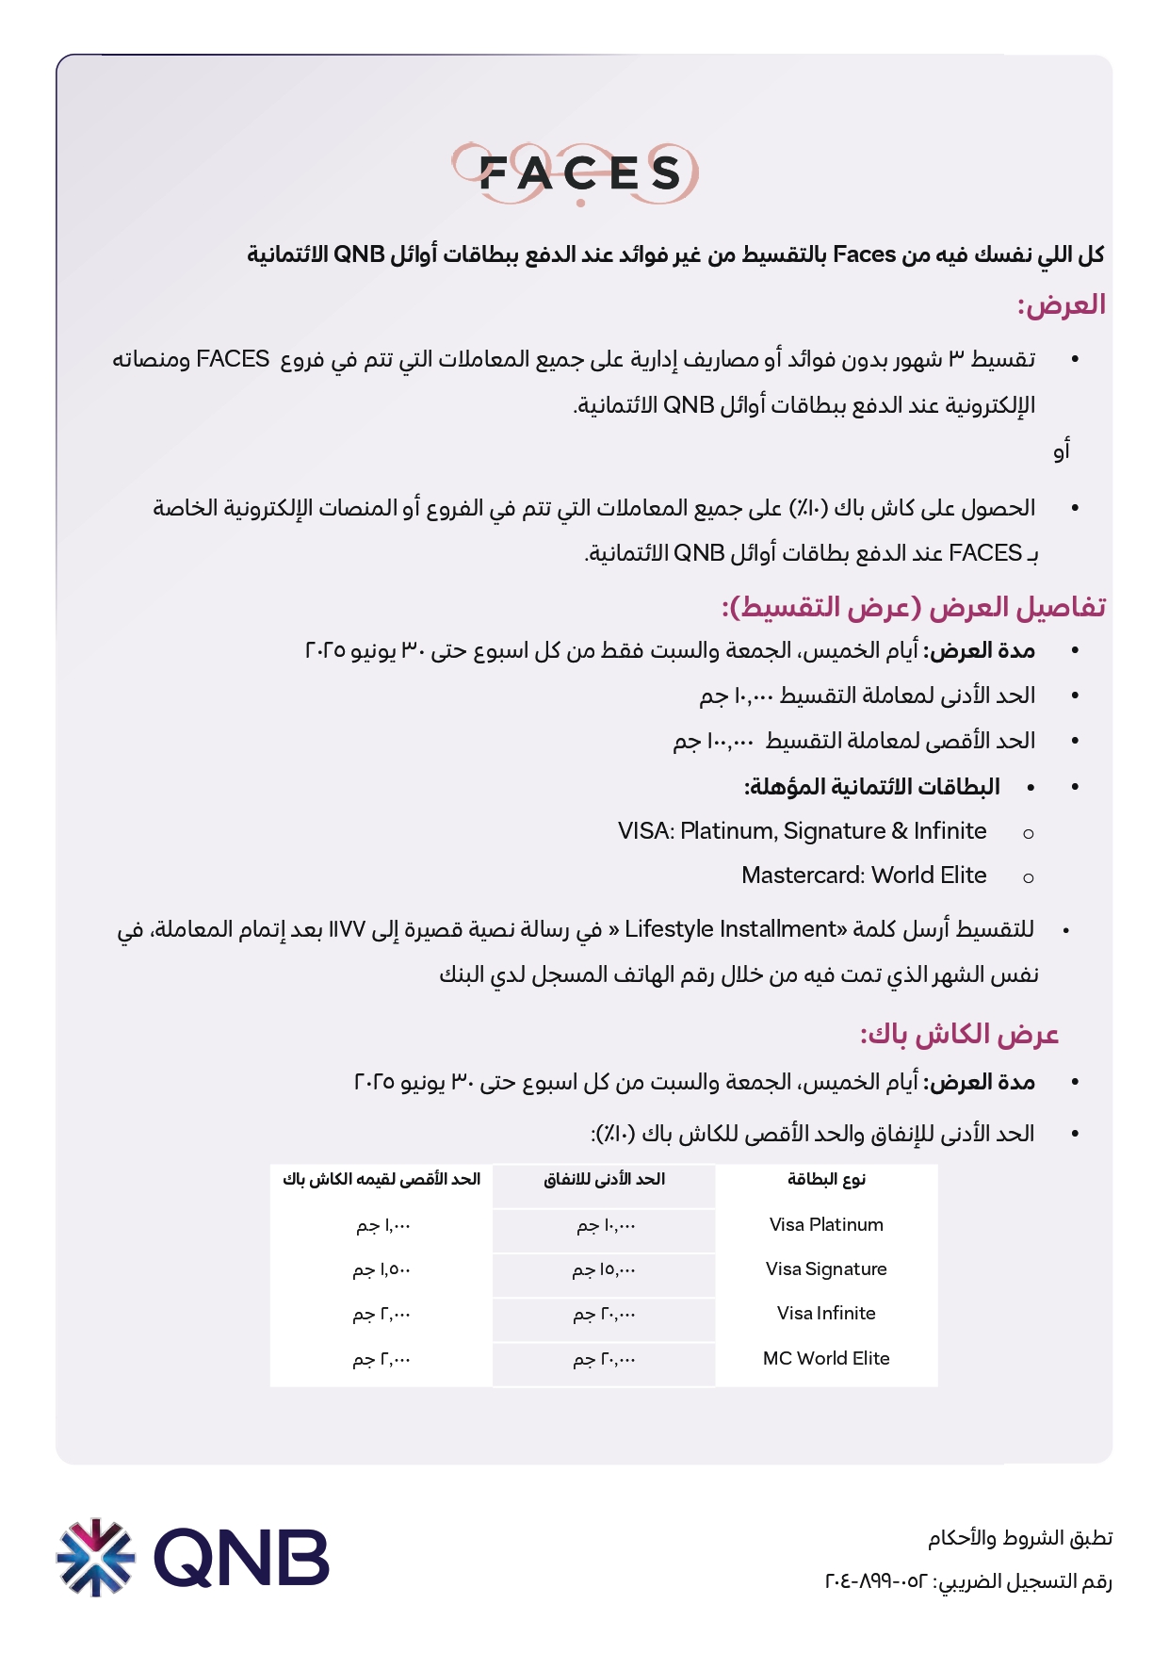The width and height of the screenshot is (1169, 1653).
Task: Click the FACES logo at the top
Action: [576, 173]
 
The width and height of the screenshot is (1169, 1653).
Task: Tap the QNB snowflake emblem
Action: [96, 1557]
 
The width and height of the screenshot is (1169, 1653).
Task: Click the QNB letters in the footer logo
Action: [241, 1558]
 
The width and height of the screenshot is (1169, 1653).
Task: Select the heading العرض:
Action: [1061, 305]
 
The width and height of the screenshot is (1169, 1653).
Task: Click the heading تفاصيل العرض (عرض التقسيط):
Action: [914, 607]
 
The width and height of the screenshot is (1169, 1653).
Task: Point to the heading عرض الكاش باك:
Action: [959, 1035]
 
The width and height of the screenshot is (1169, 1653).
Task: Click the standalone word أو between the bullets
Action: [1062, 451]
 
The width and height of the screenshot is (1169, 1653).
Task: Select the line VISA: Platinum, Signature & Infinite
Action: [802, 831]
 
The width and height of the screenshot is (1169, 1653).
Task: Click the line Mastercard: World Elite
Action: [864, 876]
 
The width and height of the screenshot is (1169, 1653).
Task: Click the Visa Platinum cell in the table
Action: [826, 1225]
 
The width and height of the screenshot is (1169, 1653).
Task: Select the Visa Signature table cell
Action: [826, 1269]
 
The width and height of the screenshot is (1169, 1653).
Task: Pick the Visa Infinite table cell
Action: [826, 1314]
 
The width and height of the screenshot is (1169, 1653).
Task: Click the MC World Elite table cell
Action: [826, 1359]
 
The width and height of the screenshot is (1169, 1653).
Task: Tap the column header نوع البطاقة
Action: [826, 1180]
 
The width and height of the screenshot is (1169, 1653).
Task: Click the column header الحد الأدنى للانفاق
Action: [604, 1180]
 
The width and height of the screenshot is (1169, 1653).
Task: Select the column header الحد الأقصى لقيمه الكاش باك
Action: [382, 1180]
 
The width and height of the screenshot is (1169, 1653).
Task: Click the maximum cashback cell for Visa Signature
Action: [382, 1270]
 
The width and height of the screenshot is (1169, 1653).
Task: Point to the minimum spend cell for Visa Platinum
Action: [605, 1226]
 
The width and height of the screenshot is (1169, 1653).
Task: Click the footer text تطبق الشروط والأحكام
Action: [1020, 1538]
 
